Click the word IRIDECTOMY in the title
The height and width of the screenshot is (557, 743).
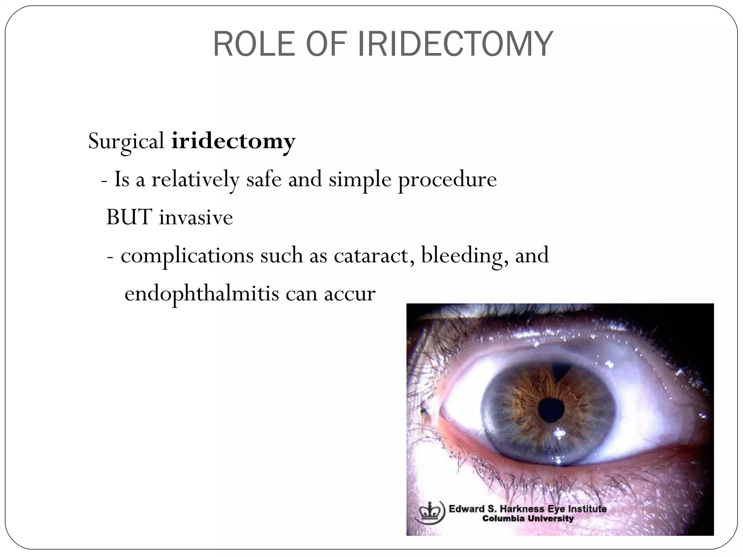(455, 45)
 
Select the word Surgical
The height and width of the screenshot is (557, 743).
(126, 141)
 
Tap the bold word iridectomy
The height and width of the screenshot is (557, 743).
(233, 141)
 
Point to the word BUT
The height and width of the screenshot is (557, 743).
(129, 217)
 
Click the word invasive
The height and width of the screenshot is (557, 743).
(196, 217)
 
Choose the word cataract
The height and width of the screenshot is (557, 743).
(374, 255)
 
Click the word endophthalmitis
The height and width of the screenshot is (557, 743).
(202, 293)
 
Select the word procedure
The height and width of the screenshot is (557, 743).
(447, 179)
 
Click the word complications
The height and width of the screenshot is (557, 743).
(187, 256)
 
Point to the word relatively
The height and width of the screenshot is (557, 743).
(195, 179)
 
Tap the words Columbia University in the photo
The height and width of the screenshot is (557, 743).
(528, 519)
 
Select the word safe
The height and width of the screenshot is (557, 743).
(264, 179)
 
